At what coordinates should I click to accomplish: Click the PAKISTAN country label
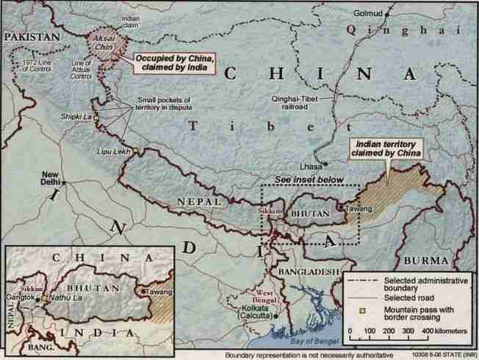33,35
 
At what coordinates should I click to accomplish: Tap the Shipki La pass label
76,116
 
